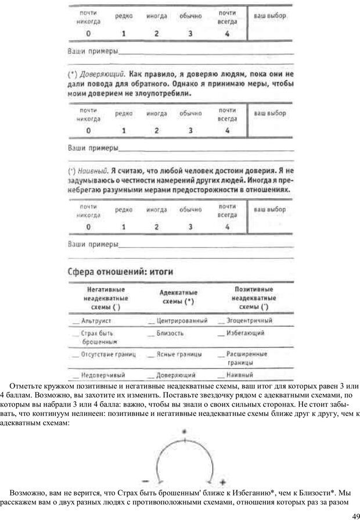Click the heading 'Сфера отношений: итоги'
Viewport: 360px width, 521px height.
(120, 271)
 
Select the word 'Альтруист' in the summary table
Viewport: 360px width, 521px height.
(96, 320)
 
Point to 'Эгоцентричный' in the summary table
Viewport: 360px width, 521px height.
(249, 320)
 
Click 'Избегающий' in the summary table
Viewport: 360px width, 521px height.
(246, 333)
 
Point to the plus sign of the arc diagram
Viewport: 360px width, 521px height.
(222, 482)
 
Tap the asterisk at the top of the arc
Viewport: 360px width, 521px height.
(185, 432)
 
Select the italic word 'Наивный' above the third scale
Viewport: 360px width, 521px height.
(93, 171)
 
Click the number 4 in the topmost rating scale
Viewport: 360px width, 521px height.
(227, 34)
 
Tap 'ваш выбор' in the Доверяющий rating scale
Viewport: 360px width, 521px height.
(270, 114)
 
